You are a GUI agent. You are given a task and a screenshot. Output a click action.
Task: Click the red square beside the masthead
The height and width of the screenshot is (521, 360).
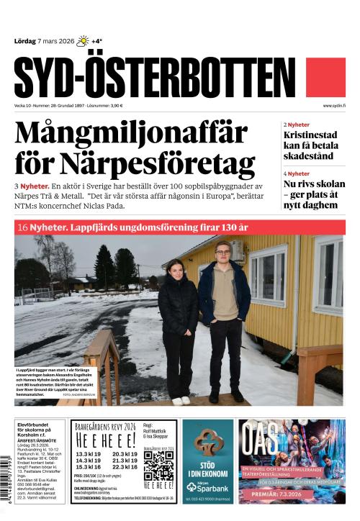(x=326, y=78)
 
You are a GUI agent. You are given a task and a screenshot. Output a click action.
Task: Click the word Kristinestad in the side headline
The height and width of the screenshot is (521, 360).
(x=311, y=135)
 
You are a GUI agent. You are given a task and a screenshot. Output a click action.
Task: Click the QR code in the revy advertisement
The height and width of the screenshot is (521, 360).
(x=158, y=465)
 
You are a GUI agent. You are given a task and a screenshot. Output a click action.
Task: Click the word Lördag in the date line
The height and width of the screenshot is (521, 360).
(x=25, y=41)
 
